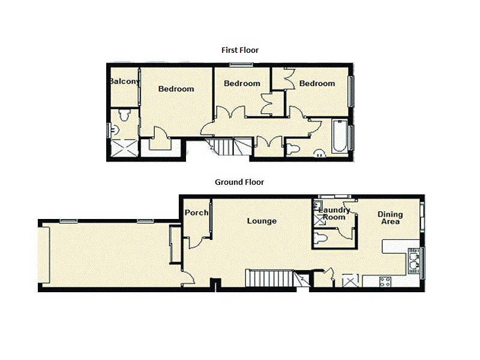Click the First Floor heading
239,50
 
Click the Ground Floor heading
239,182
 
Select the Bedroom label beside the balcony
176,89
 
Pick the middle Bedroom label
242,83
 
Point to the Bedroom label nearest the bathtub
317,83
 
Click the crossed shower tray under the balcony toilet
124,147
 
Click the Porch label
196,213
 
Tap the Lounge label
262,221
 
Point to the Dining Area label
389,218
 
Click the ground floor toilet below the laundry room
323,239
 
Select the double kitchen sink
414,260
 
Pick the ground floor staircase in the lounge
270,278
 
